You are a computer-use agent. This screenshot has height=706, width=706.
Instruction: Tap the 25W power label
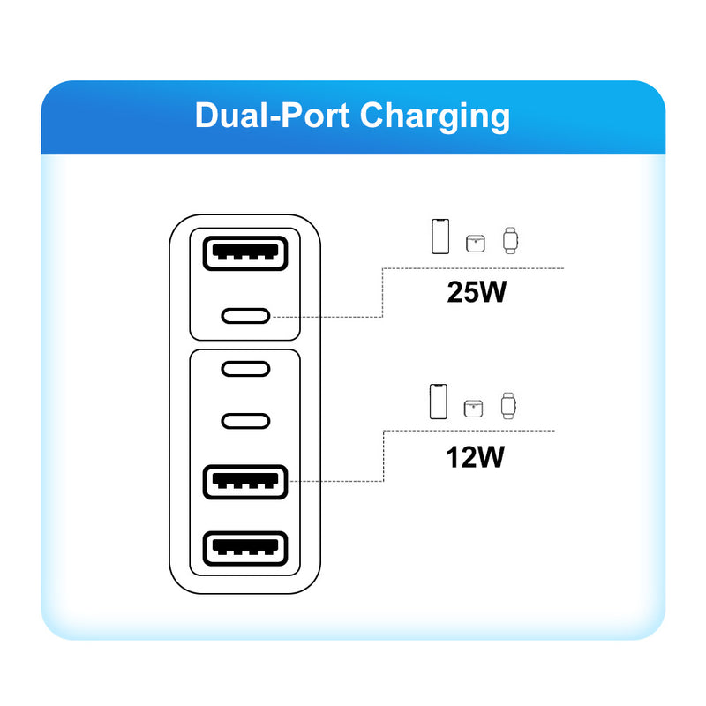coord(477,291)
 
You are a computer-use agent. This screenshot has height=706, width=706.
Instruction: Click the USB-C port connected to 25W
coord(245,315)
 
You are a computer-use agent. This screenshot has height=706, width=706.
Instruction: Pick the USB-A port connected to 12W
coord(245,481)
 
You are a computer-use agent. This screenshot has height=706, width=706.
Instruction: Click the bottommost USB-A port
coord(245,549)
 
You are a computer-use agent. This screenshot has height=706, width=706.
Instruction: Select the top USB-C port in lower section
coord(245,369)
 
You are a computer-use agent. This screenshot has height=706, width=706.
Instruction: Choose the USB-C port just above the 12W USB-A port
coord(245,420)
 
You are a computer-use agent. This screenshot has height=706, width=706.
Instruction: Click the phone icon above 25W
coord(439,237)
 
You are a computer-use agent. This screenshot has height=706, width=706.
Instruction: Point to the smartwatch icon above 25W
coord(510,239)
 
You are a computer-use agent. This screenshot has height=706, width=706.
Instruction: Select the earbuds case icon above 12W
coord(474,408)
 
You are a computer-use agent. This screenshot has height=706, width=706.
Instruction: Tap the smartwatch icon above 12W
coord(507,404)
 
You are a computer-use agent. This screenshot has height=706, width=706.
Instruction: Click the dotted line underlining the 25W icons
coord(477,267)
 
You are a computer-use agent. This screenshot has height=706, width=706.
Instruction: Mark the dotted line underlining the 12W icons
coord(472,431)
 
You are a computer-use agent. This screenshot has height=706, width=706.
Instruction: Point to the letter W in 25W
coord(492,291)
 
